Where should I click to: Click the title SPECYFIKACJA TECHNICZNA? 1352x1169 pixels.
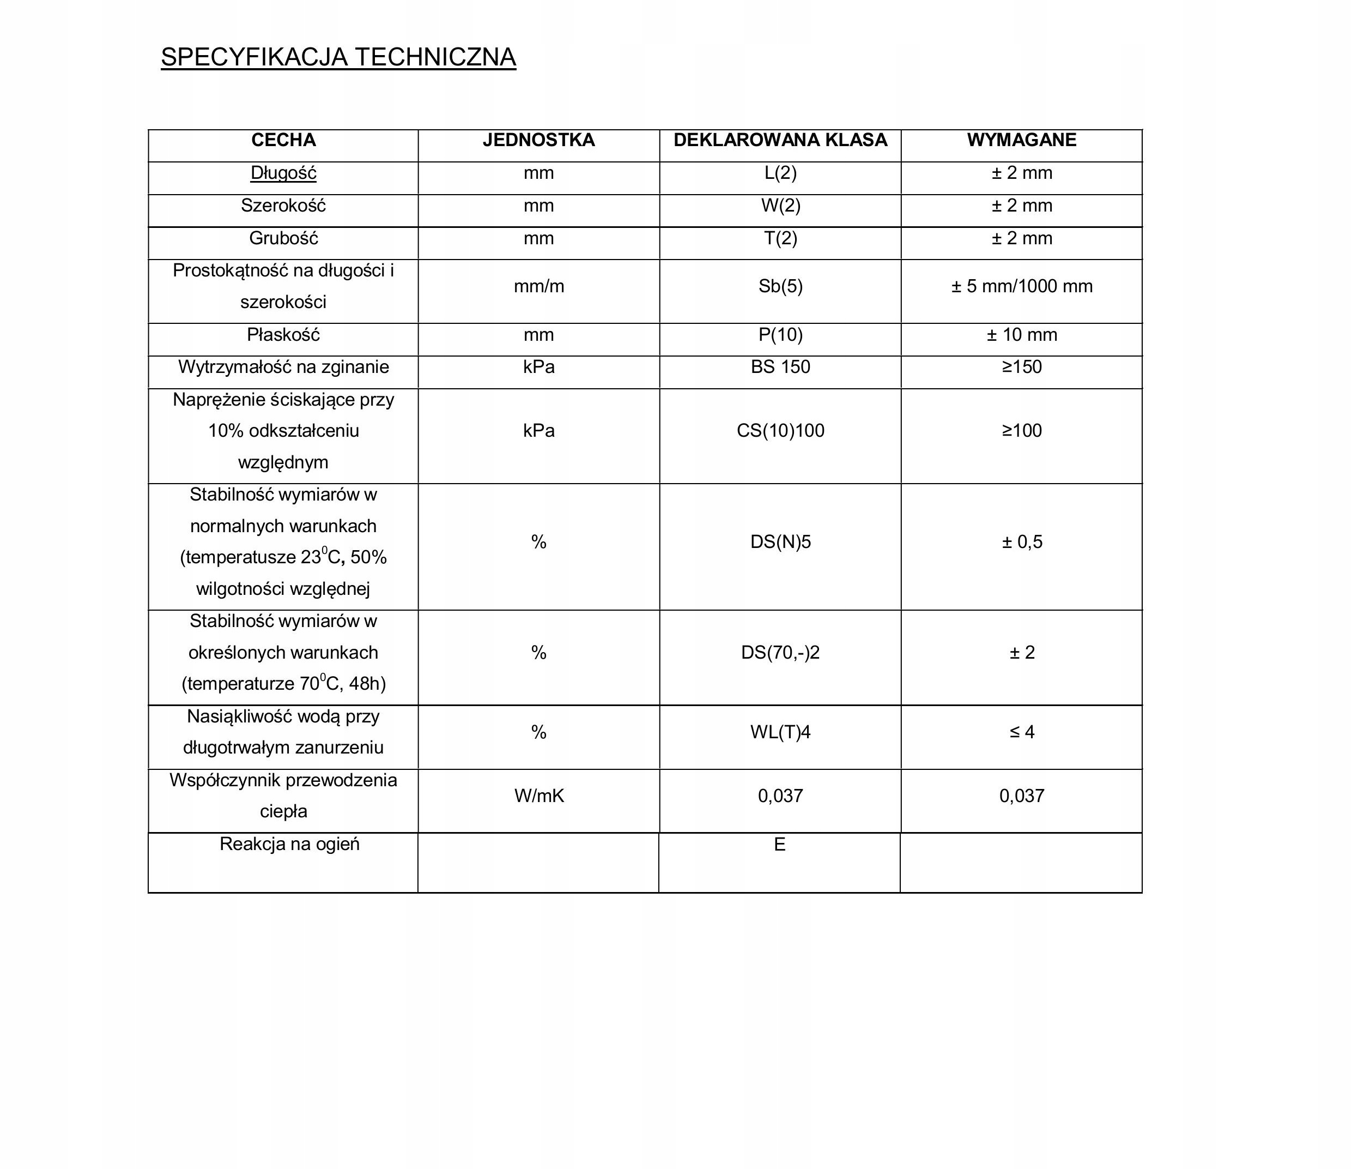click(x=338, y=57)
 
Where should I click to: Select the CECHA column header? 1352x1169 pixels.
click(x=283, y=140)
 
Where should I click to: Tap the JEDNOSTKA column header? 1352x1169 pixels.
click(x=538, y=140)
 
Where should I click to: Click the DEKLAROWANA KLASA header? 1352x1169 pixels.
click(x=780, y=140)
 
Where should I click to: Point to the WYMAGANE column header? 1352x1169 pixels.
click(x=1021, y=140)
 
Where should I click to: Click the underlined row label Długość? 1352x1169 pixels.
click(x=283, y=173)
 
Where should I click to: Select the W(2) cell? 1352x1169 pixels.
click(x=780, y=206)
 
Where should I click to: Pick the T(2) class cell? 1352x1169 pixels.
click(x=780, y=238)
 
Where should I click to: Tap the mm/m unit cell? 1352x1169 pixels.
click(x=538, y=287)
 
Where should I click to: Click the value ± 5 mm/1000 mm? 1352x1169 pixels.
click(x=1021, y=287)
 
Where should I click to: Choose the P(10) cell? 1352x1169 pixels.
click(x=780, y=335)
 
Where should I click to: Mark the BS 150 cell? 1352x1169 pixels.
click(x=780, y=367)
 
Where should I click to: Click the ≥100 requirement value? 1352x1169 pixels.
click(x=1022, y=431)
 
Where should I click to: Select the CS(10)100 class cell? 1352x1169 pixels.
click(x=780, y=431)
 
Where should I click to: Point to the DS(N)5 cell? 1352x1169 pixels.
click(x=780, y=542)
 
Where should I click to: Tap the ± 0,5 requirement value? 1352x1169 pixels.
click(x=1022, y=542)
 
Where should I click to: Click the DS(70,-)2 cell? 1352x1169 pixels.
click(x=780, y=653)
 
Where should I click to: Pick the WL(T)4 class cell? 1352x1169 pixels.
click(x=780, y=732)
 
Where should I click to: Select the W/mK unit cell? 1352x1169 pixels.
click(x=539, y=796)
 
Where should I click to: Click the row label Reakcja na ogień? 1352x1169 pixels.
click(x=289, y=845)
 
